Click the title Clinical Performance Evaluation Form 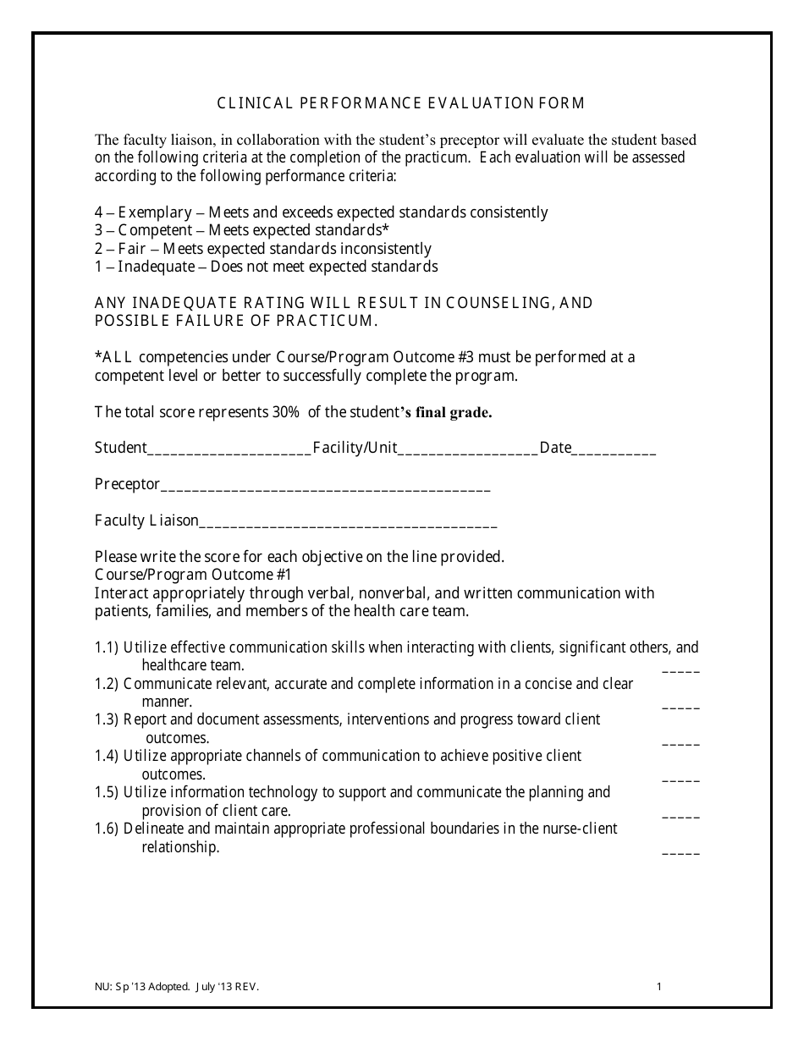401,103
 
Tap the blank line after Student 229,449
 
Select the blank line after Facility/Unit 467,449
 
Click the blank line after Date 614,449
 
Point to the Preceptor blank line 325,486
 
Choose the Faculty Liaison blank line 347,522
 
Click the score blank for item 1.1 680,668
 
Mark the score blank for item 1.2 680,704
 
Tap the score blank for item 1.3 680,741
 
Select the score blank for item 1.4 680,777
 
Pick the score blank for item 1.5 680,813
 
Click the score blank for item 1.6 680,850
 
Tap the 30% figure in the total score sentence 285,413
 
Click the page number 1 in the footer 658,986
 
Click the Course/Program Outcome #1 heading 193,574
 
